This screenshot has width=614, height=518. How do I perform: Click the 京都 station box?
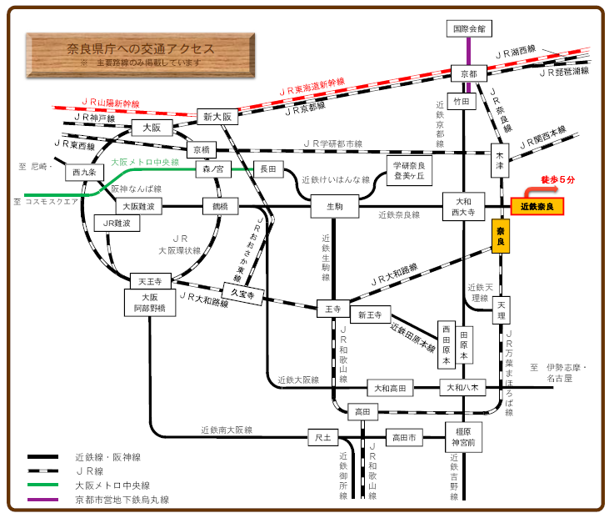(x=469, y=73)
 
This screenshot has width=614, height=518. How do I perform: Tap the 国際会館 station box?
(x=468, y=28)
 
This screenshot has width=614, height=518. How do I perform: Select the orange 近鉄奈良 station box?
(x=537, y=206)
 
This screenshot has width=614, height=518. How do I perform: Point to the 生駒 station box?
(x=334, y=206)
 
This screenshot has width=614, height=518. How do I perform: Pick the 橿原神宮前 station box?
(x=464, y=436)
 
